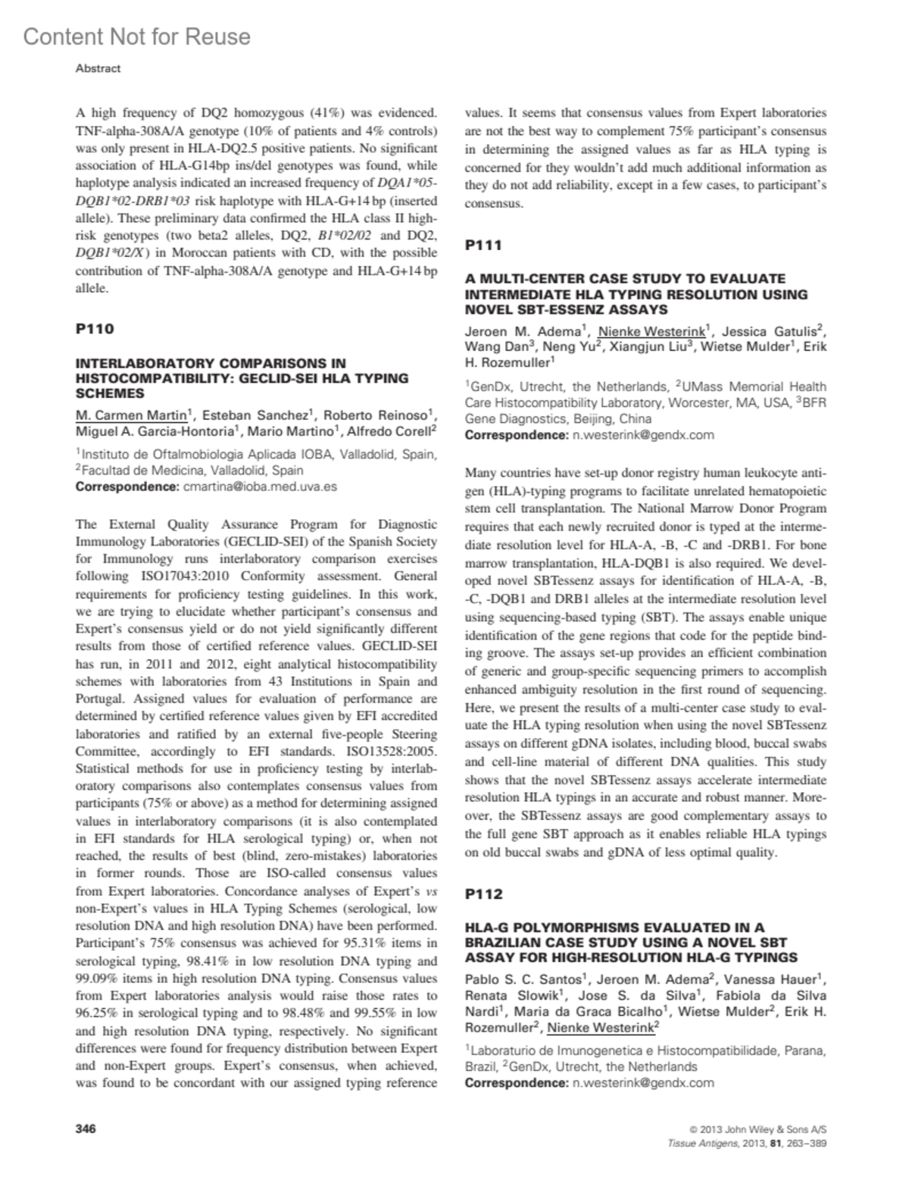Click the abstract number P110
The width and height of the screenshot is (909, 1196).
pos(95,329)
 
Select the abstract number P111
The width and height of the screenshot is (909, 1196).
pos(483,245)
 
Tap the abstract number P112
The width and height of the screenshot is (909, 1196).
pos(483,894)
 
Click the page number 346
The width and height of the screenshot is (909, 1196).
pos(86,1129)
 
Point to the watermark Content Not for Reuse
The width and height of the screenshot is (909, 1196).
pos(136,36)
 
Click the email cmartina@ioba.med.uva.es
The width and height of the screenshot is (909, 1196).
pos(261,487)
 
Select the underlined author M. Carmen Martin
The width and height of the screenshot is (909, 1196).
pos(130,415)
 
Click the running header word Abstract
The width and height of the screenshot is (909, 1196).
pos(98,68)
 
